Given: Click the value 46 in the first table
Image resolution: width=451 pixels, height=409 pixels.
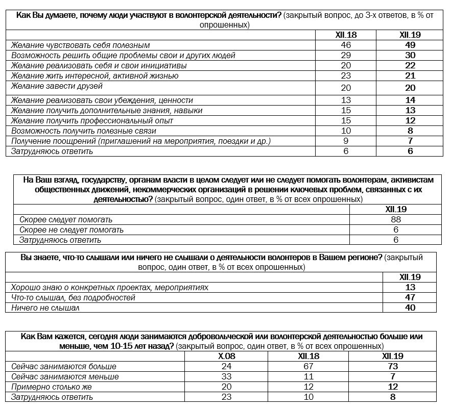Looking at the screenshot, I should point(346,45).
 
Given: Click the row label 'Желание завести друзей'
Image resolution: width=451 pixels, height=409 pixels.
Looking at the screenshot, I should point(57,86).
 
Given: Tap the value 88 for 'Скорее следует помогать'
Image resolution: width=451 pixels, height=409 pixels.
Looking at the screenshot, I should point(395,220).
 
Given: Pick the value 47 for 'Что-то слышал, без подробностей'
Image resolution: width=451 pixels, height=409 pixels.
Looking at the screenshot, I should point(410,298).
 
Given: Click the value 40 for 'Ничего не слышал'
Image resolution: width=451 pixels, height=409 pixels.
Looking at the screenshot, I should point(410,308).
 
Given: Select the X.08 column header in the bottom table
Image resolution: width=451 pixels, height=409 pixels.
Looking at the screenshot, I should point(227,356).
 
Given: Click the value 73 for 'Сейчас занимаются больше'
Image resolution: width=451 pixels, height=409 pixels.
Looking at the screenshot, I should point(392,367).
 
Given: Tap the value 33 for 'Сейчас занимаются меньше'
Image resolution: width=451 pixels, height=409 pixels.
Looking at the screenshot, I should point(227,377).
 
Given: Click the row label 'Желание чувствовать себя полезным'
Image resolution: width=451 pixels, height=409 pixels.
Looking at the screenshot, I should point(80,45).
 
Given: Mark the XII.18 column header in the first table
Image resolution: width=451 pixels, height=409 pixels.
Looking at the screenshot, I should point(346,35).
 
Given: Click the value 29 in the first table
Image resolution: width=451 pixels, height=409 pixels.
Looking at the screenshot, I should point(346,56).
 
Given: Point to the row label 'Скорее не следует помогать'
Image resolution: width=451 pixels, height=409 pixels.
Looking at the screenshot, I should point(72,230).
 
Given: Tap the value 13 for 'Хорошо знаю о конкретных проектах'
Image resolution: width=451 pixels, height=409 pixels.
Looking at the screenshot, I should point(410,288).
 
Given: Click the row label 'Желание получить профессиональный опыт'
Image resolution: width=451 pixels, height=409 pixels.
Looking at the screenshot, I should point(92,121).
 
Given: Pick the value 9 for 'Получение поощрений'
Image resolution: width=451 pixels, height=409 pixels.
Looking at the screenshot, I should point(346,141).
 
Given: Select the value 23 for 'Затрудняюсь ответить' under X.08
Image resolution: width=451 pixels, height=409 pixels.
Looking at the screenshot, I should point(227,397).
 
